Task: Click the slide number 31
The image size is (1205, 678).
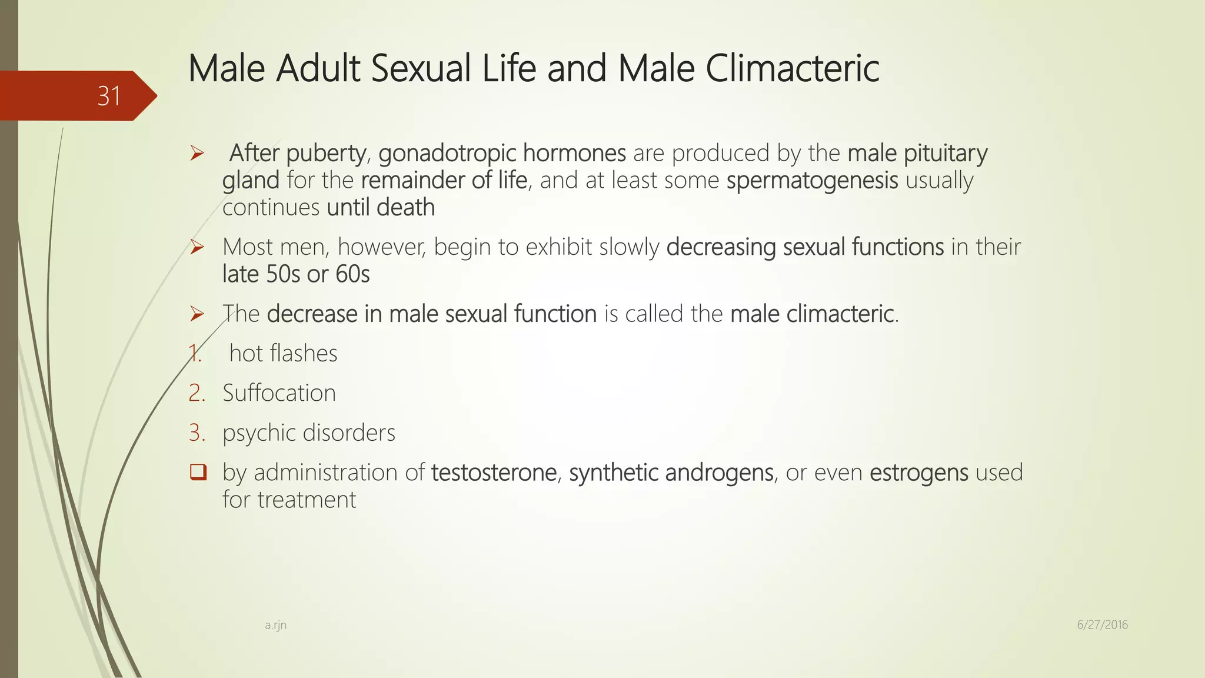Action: coord(109,96)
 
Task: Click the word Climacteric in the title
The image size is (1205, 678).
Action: coord(792,68)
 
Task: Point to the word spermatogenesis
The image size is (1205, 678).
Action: coord(812,181)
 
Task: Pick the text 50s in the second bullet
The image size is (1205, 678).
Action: coord(283,274)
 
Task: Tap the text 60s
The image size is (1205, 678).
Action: coord(352,274)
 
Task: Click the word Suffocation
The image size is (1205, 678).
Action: coord(279,393)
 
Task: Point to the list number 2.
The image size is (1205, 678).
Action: coord(197,393)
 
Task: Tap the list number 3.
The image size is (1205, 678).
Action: coord(197,433)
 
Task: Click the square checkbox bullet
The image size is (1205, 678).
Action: coord(198,472)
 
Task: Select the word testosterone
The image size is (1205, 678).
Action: coord(494,473)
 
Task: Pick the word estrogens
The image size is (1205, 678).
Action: coord(918,473)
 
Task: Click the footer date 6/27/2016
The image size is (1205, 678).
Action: coord(1102,625)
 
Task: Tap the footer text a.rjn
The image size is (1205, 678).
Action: coord(275,625)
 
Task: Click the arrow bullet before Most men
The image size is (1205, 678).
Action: coord(197,247)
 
